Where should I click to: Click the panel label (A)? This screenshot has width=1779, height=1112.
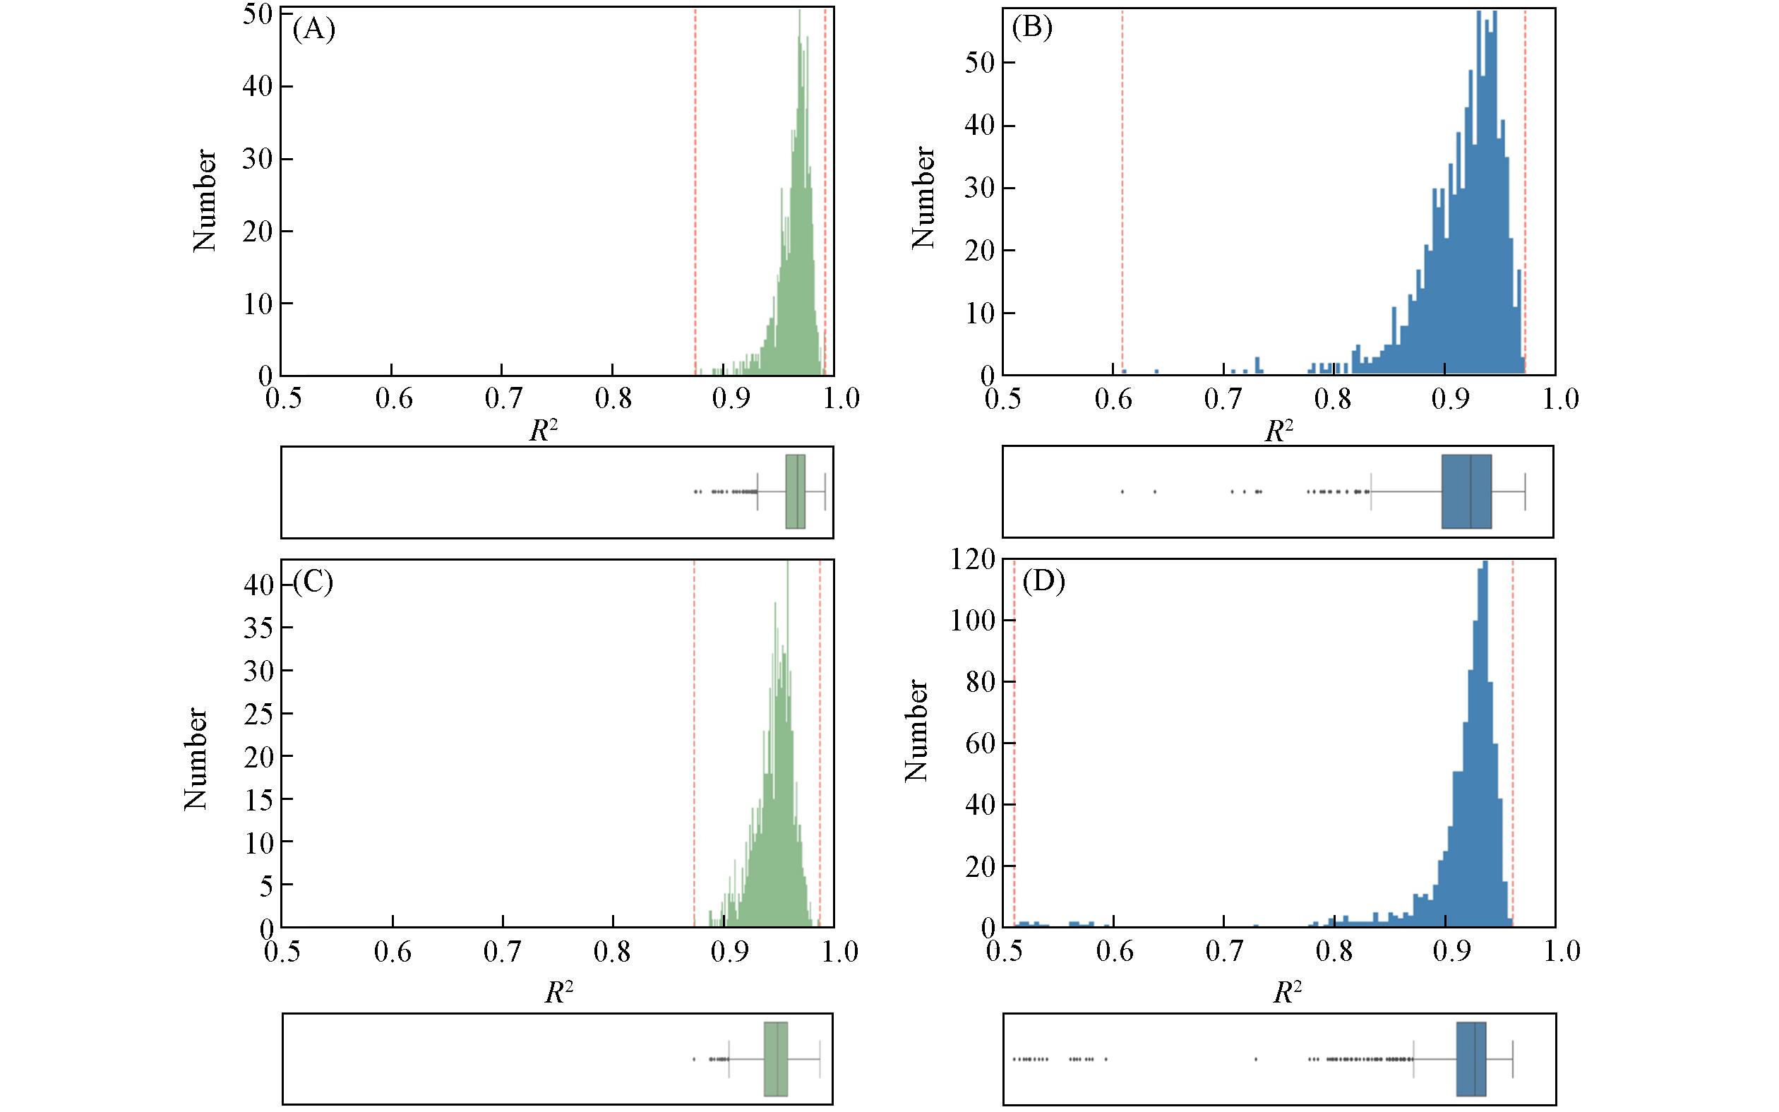coord(314,31)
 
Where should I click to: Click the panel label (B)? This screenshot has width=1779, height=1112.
coord(1032,29)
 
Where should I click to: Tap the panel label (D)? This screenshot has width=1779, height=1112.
coord(1043,582)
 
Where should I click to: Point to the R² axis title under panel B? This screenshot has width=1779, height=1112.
coord(1278,431)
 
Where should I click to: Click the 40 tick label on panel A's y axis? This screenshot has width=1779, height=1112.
coord(257,87)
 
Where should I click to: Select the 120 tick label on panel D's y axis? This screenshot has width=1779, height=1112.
coord(972,560)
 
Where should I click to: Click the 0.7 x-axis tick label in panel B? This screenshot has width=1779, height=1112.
coord(1226,400)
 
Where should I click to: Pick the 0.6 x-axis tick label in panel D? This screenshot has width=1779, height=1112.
coord(1115,951)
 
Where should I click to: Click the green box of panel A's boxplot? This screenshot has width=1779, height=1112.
coord(796,491)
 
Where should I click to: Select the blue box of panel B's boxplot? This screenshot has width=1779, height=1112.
coord(1466,491)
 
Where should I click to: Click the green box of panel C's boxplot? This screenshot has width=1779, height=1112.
coord(776,1059)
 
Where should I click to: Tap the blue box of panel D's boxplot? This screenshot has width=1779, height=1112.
coord(1471,1059)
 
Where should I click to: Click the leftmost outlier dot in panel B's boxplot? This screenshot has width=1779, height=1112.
coord(1122,491)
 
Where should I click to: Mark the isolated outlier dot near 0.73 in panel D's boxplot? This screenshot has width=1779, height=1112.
coord(1256,1059)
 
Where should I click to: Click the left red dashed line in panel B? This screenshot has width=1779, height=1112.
coord(1122,191)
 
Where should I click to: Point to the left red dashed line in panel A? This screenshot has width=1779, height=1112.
coord(695,191)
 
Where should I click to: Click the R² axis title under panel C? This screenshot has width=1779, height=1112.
coord(558,993)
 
